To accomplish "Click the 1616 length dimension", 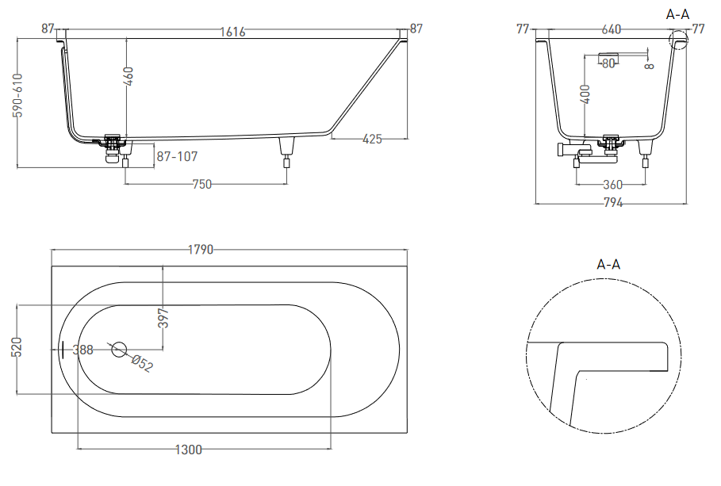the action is coord(232,32).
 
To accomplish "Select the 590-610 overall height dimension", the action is coord(18,95).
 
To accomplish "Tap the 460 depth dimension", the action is coord(128,76).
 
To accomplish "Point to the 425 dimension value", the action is coord(372,139).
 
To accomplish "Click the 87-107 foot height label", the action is coord(177,156).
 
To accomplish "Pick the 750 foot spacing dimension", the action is coord(201,185).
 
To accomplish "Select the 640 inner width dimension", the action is coord(611,29).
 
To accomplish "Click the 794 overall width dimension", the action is coord(613,202).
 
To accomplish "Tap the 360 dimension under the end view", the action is coord(612,185).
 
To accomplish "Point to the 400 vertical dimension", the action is coord(585,94).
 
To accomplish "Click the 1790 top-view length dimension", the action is coord(201,250).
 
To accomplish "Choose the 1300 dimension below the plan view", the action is coord(189,450).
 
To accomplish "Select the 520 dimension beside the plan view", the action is coord(16,346).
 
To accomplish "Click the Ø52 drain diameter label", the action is coord(142,363).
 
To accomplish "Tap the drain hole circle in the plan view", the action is coord(119,350).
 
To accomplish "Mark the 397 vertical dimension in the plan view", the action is coord(163,318).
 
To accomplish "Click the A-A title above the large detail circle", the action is coord(608,264).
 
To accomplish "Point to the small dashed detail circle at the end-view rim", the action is coord(678,39).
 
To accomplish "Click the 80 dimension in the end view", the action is coord(608,63).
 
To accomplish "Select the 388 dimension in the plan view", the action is coord(82,350).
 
